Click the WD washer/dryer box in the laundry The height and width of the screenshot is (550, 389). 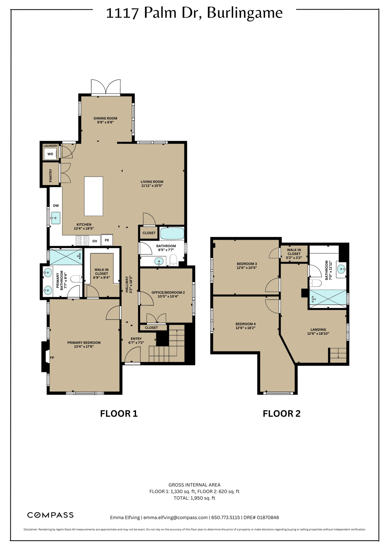(x=50, y=154)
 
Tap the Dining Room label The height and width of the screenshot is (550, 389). (x=105, y=118)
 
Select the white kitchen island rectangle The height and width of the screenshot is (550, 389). (x=93, y=196)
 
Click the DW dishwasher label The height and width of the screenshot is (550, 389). (x=56, y=206)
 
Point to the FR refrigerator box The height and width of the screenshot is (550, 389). (x=107, y=240)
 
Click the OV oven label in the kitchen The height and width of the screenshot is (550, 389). (x=95, y=241)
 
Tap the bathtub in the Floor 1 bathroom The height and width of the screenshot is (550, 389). (x=172, y=233)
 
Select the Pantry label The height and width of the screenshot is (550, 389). (x=51, y=175)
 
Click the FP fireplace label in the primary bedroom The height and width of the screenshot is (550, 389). (x=52, y=357)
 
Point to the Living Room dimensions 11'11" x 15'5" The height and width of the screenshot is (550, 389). (x=152, y=186)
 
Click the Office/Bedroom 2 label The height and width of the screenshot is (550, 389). (x=168, y=293)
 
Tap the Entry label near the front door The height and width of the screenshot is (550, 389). (x=136, y=338)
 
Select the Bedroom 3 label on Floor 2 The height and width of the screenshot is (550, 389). (x=246, y=264)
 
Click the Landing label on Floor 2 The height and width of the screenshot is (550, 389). (x=318, y=329)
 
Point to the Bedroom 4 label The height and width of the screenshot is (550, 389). (x=245, y=324)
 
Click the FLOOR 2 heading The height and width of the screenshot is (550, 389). (x=282, y=414)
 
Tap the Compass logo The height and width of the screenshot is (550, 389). (x=51, y=515)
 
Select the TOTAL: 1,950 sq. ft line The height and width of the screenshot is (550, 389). (x=194, y=498)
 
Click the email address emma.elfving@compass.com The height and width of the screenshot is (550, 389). (x=176, y=517)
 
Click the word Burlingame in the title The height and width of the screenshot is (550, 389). (x=245, y=13)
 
